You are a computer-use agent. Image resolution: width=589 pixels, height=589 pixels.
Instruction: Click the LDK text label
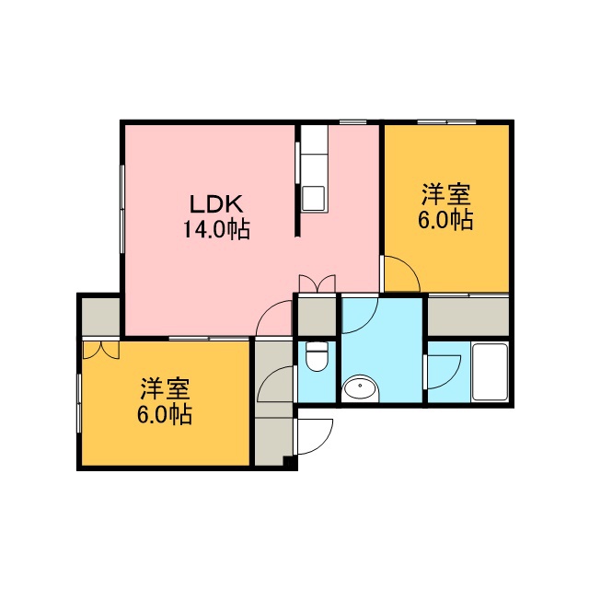click(215, 204)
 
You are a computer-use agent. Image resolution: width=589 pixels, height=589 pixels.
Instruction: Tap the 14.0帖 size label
click(217, 229)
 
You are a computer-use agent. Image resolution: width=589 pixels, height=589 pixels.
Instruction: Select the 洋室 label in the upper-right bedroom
click(445, 194)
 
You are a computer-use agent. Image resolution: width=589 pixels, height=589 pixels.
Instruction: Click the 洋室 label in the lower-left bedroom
click(166, 389)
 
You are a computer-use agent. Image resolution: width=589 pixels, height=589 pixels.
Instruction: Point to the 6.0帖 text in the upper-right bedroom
click(445, 220)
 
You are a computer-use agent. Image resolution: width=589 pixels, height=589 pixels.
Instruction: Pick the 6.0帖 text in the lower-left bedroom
click(165, 414)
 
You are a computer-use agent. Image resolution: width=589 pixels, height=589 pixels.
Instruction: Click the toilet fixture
click(317, 356)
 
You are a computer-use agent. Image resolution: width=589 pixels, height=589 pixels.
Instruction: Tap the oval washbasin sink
click(360, 388)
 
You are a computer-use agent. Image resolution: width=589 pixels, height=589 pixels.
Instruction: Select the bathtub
click(490, 372)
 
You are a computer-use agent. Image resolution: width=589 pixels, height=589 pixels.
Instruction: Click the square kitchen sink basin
click(314, 198)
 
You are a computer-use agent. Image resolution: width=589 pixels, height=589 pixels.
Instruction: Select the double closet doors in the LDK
click(317, 283)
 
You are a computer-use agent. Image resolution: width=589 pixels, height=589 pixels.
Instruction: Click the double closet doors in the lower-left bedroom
click(101, 350)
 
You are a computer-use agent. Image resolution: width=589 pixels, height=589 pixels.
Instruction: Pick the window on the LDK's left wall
click(122, 209)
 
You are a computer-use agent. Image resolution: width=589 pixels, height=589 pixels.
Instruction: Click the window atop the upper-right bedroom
click(446, 122)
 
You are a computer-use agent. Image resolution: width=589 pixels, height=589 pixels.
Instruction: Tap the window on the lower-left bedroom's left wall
click(79, 403)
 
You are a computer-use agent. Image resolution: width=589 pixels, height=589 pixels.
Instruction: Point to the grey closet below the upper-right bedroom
click(468, 317)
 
